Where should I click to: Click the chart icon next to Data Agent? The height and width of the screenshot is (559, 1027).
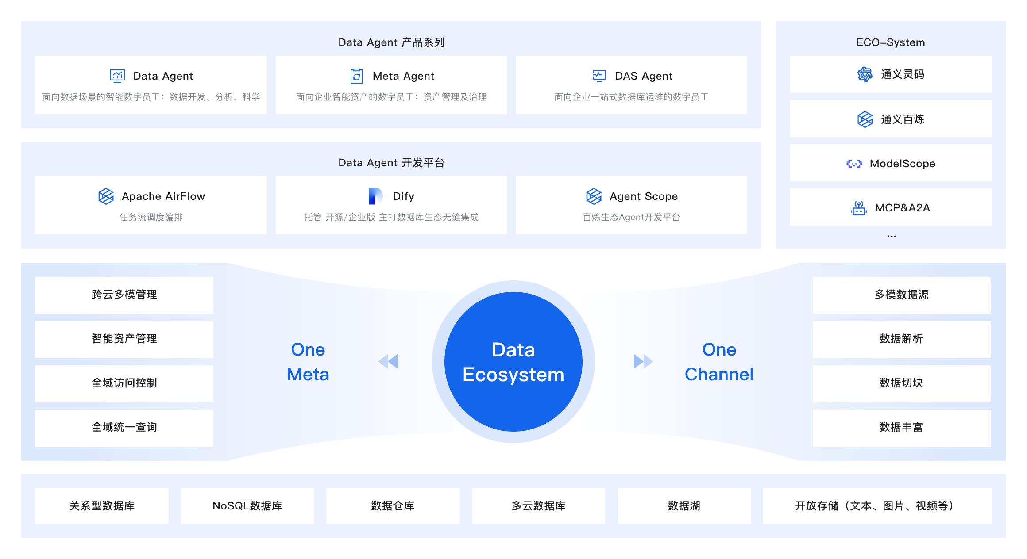(117, 76)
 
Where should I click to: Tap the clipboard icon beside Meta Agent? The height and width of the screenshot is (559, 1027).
(356, 76)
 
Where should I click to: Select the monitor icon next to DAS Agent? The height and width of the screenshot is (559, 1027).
(599, 76)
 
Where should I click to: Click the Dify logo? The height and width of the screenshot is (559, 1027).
(375, 196)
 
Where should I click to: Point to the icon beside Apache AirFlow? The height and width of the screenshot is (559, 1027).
(106, 196)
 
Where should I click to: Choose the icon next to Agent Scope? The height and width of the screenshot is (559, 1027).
(594, 196)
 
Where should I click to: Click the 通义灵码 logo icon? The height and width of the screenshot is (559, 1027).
(865, 74)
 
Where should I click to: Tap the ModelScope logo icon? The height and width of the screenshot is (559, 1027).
(854, 164)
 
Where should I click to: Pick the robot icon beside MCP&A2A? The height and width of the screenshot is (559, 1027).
(859, 208)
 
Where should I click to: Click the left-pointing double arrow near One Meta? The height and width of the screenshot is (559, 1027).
(388, 361)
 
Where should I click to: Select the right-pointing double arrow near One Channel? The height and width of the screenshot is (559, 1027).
(643, 361)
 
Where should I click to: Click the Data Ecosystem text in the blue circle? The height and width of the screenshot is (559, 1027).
(513, 362)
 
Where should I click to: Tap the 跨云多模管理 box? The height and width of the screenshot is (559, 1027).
(124, 295)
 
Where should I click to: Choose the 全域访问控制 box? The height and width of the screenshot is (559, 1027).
(124, 383)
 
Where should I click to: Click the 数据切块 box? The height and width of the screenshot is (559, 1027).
(901, 383)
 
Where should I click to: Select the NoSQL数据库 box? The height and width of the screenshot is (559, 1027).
(247, 506)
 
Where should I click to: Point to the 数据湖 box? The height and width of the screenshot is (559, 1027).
(684, 506)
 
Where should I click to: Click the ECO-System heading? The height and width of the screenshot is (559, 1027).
(890, 42)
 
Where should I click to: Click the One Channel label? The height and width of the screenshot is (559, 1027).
(719, 362)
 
